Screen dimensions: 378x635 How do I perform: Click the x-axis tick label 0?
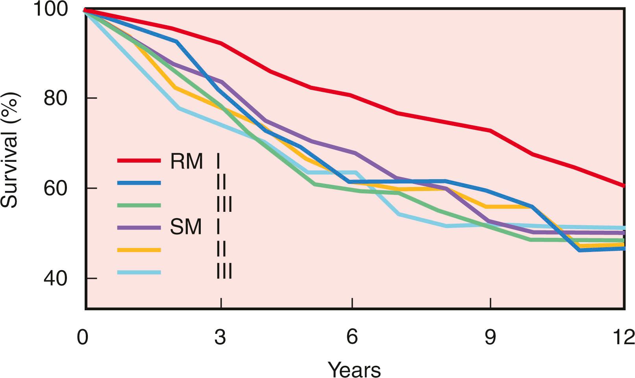[83, 337]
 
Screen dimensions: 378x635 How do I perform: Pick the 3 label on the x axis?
[220, 337]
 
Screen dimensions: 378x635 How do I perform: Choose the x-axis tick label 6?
[352, 337]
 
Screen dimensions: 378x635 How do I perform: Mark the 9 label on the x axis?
[490, 337]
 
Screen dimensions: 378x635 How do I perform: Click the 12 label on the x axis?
[624, 337]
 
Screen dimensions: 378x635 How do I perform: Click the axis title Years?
[354, 369]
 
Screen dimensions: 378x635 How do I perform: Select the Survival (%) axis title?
[9, 150]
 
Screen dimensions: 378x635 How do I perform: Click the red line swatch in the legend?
[139, 160]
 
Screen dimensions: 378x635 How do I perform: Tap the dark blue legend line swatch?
[139, 183]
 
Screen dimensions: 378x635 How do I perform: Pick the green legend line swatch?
[139, 205]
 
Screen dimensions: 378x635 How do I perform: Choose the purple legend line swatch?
[139, 228]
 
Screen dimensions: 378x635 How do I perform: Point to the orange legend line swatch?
[139, 250]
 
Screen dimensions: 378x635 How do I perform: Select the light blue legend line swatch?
[139, 272]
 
